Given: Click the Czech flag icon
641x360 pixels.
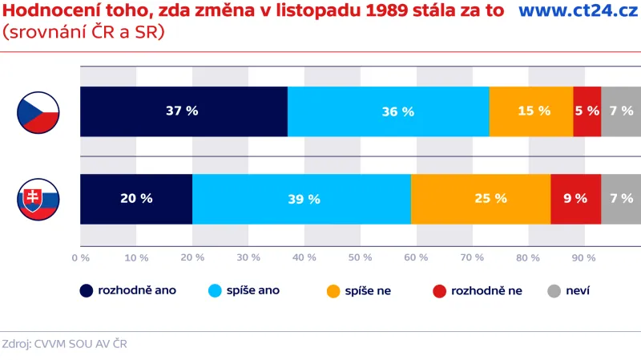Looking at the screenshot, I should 39,111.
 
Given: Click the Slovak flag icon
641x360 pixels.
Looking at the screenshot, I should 39,198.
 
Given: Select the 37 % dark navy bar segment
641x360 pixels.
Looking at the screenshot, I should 183,111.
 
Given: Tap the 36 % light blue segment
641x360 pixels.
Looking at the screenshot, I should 388,111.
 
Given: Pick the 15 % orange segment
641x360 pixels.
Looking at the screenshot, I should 531,111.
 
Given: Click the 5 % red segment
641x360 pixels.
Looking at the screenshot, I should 587,111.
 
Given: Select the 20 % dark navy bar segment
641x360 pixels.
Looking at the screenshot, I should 136,198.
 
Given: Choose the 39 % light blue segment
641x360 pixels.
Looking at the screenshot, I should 301,198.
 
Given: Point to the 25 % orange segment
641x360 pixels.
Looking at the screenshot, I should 481,198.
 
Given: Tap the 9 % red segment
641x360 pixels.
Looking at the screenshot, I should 575,198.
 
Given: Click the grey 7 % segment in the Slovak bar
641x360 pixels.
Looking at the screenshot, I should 621,198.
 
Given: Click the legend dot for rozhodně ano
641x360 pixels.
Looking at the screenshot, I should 87,291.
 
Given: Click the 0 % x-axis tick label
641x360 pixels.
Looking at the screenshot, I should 80,258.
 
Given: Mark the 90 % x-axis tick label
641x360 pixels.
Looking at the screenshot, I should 584,258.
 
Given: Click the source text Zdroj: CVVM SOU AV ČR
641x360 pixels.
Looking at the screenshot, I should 65,343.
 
